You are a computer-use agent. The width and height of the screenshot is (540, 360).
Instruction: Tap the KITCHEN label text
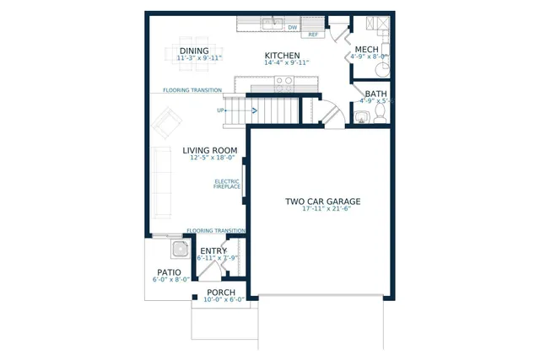coord(282,55)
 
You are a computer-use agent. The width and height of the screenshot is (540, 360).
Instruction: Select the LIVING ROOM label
coord(209,151)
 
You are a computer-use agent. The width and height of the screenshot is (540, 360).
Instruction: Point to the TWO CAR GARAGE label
coord(322,201)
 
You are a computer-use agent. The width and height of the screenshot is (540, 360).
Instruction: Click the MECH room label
coord(366,50)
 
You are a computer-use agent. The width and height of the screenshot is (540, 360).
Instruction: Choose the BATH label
coord(375,94)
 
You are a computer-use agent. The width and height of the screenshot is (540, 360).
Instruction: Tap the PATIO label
coord(169,272)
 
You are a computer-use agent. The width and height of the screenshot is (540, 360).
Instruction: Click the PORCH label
coord(221,293)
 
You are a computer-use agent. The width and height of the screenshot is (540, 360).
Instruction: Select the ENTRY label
coord(213,250)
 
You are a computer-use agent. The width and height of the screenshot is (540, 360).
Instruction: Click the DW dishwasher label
coord(293,27)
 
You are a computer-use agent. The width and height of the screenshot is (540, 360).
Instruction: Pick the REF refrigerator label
coord(313,35)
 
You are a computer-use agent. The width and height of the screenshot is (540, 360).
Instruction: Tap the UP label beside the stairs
coord(221,110)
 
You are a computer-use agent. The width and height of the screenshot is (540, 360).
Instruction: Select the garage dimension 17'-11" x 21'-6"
coord(322,210)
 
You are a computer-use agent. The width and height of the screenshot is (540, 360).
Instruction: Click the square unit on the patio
coord(179,249)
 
